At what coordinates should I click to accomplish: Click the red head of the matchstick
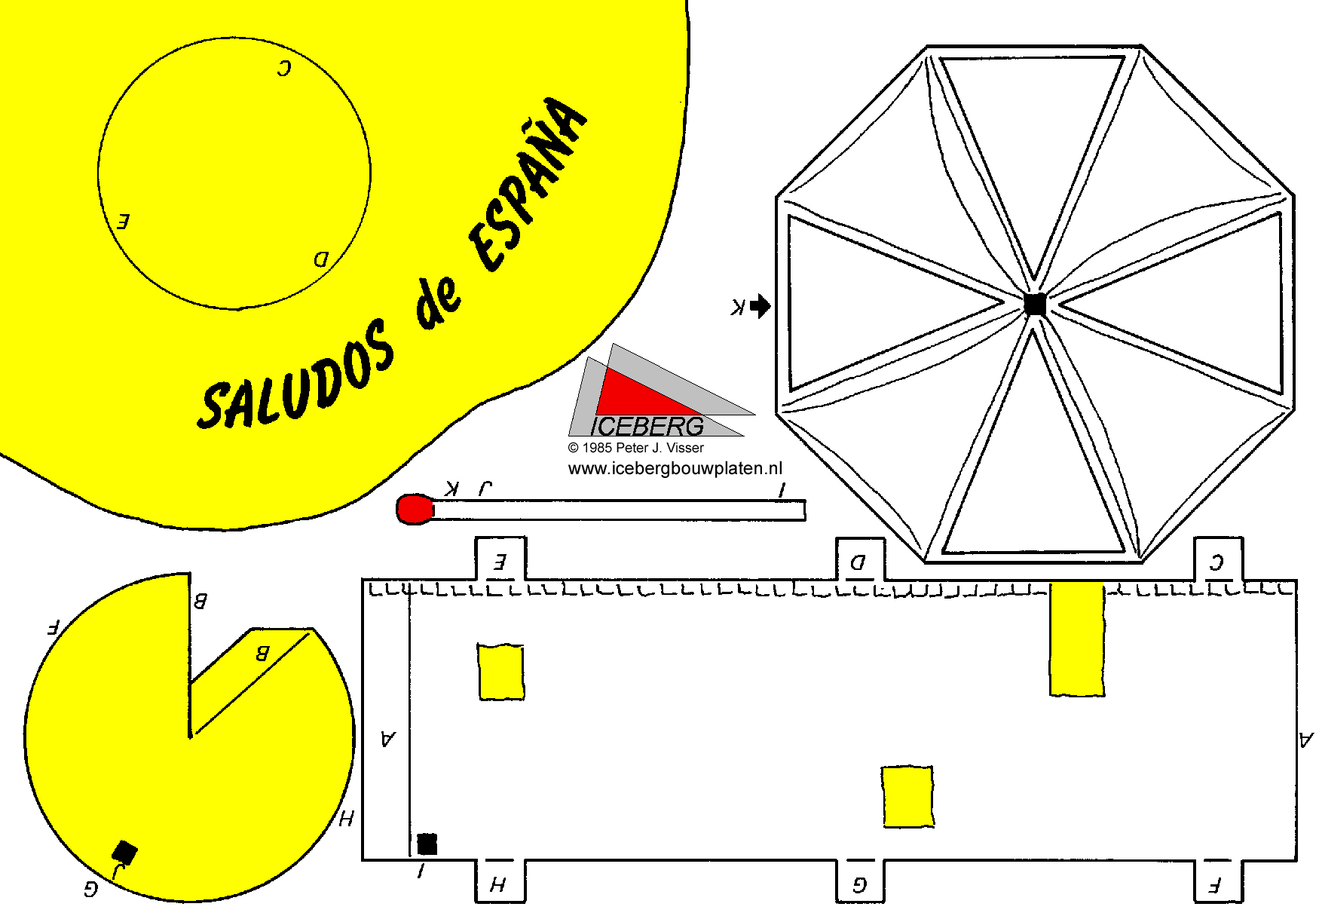point(415,510)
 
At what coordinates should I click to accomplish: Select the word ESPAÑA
point(528,184)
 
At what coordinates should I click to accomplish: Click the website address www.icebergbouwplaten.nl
point(675,468)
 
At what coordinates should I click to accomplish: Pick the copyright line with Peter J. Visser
point(636,448)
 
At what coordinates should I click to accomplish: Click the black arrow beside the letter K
point(760,305)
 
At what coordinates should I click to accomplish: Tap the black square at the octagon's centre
point(1035,305)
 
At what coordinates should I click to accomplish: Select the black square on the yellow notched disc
point(125,853)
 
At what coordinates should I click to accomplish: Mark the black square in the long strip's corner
point(427,844)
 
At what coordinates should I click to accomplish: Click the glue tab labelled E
point(500,559)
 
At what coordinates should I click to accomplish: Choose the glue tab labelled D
point(860,559)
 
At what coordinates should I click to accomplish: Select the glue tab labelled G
point(860,881)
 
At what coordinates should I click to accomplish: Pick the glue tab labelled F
point(1218,881)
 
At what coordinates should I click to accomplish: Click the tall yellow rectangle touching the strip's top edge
point(1077,639)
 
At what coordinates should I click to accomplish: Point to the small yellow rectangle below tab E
point(500,672)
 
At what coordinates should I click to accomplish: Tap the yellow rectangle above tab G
point(907,797)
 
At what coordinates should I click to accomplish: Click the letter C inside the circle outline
point(283,69)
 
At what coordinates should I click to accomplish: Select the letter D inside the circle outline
point(321,260)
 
